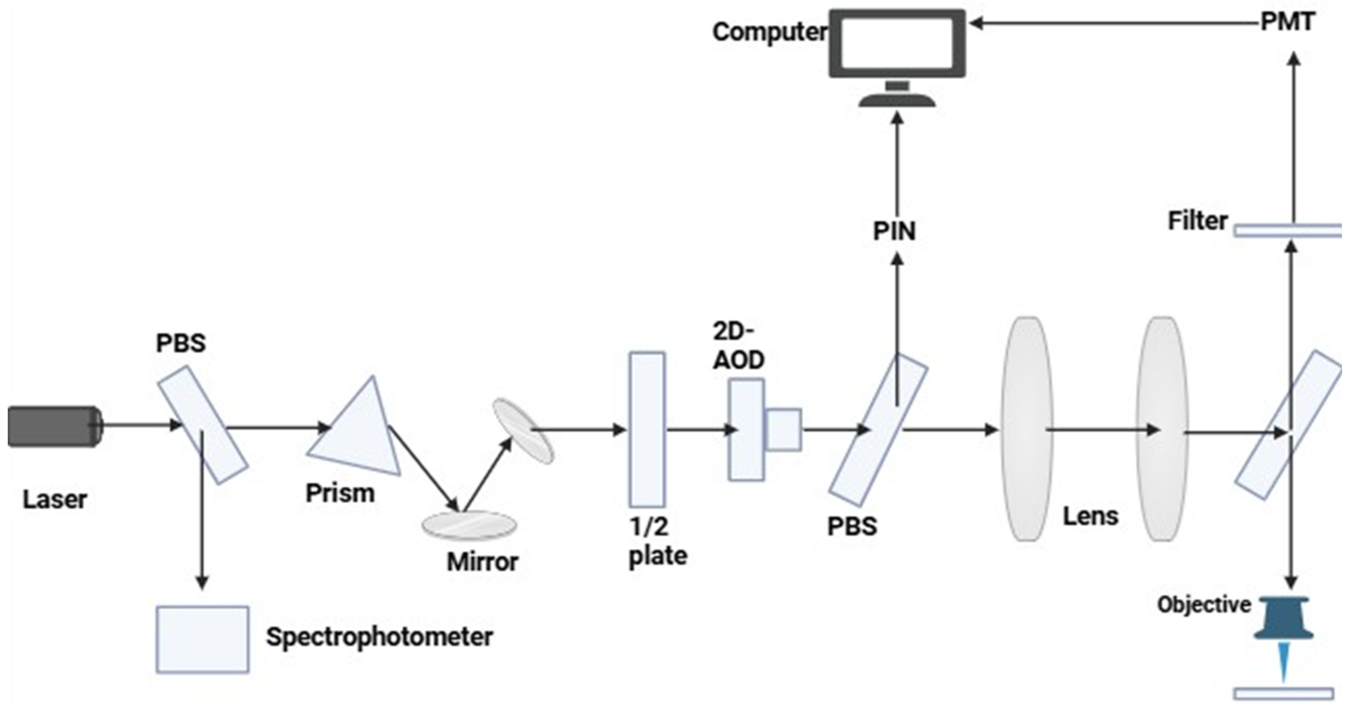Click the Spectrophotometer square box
(203, 639)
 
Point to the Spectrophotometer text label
(379, 637)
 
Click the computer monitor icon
(897, 45)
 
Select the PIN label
(894, 231)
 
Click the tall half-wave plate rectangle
(647, 429)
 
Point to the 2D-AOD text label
(738, 346)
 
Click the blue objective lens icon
(1283, 619)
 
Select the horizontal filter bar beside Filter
(1288, 230)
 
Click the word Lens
(1091, 516)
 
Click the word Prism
(340, 493)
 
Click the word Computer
(769, 32)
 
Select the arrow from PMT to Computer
(1113, 23)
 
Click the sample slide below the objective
(1283, 694)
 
